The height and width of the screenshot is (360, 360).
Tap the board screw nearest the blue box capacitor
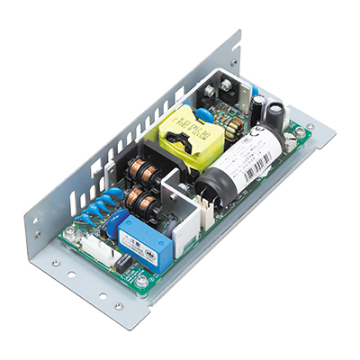141,281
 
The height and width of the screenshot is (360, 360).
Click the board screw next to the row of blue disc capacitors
69,231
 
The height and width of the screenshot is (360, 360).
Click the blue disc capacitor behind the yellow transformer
204,115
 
